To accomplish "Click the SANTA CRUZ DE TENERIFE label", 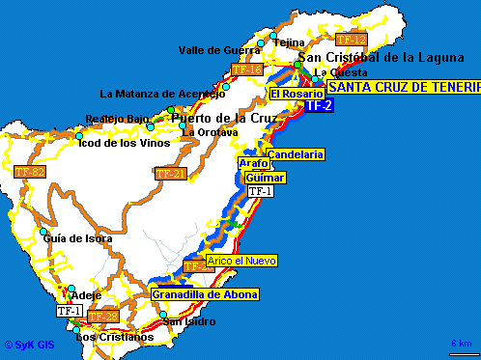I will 403,87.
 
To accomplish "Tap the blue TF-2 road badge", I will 320,105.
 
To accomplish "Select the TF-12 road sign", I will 352,40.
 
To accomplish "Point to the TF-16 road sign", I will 247,70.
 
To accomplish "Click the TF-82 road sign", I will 30,172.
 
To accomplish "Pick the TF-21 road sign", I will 170,174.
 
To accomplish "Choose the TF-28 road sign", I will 102,317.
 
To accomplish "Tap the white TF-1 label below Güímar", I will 262,191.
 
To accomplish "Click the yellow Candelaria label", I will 295,154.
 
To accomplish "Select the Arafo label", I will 253,164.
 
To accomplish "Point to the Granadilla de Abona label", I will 205,294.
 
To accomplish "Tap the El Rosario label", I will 290,94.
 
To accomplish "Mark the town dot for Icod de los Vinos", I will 79,136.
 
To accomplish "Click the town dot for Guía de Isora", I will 43,233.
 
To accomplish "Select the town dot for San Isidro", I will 164,315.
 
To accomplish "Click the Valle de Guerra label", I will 217,50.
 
